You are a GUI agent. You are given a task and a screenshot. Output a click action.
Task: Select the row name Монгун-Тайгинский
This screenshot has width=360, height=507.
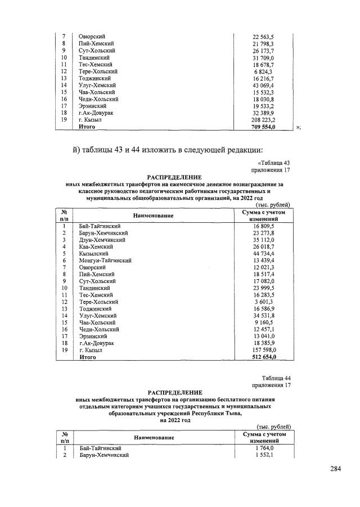click(106, 261)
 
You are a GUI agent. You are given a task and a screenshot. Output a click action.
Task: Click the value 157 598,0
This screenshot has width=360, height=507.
click(263, 349)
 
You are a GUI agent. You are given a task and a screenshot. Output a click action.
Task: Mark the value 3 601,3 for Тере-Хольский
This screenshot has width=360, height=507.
click(264, 302)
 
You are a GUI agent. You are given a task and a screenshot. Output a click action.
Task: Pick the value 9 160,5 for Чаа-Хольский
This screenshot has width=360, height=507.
click(264, 322)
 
